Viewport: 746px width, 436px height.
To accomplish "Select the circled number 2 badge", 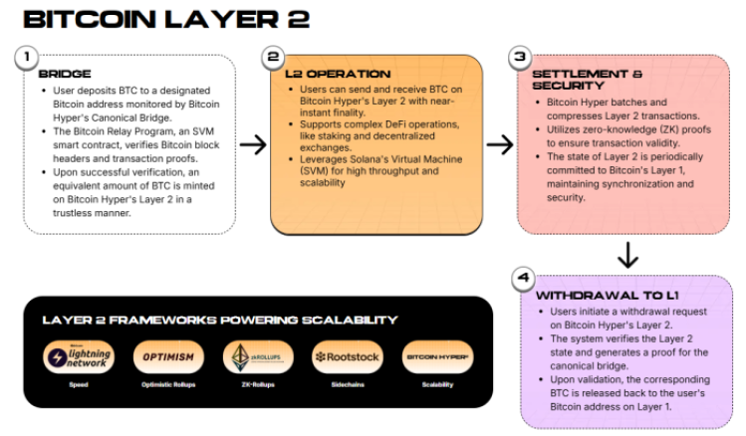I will tap(275, 58).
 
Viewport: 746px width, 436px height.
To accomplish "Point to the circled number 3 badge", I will tap(520, 58).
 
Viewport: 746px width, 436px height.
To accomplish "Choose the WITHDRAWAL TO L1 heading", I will tap(595, 296).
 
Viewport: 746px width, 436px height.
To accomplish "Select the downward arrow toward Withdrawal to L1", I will tap(626, 255).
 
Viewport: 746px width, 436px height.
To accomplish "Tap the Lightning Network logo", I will tap(79, 355).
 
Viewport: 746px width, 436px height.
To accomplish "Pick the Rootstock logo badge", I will tap(346, 355).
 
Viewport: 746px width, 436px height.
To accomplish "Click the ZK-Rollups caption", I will tap(256, 384).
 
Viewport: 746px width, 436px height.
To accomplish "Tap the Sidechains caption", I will tap(346, 384).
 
